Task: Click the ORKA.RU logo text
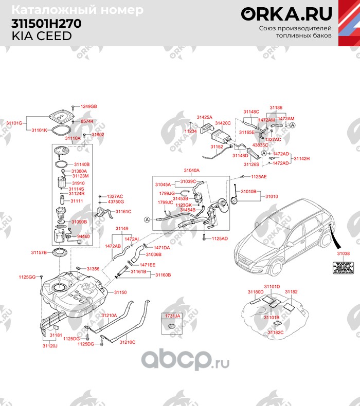coord(286,13)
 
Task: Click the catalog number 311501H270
coord(46,24)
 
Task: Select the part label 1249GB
coord(88,106)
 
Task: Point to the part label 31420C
coord(223,123)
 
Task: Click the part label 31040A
coord(191,170)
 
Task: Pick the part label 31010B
coord(248,191)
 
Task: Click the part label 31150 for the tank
coord(120,292)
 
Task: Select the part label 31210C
coord(127,342)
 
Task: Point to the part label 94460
coord(83,236)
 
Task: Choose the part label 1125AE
coord(259,176)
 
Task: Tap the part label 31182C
coord(276,333)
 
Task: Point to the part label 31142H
coord(302,158)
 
